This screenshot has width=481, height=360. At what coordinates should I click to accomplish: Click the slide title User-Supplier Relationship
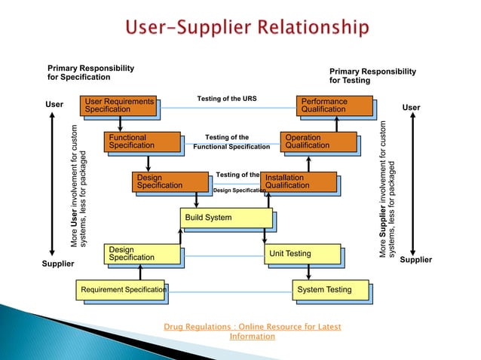(x=247, y=29)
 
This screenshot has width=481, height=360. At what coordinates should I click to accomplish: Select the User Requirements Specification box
(x=119, y=105)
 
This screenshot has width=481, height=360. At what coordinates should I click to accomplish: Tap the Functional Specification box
(x=143, y=142)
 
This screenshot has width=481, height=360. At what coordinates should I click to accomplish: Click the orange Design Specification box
(x=170, y=182)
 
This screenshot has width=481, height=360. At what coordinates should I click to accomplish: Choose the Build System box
(x=225, y=218)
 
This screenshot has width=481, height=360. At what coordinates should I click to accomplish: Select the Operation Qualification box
(x=317, y=142)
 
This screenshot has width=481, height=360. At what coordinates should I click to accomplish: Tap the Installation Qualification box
(x=298, y=182)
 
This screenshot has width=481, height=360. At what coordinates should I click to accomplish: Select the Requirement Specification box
(x=121, y=290)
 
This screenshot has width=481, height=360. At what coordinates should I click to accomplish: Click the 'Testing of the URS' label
(x=227, y=99)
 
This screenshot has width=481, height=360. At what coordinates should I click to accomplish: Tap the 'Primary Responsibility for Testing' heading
(x=372, y=75)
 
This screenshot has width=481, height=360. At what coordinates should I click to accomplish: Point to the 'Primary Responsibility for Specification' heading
(x=91, y=72)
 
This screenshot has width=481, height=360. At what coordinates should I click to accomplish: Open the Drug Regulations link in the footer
(x=252, y=331)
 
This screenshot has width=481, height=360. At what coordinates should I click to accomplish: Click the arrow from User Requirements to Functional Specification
(x=121, y=124)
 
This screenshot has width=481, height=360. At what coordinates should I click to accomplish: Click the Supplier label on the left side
(x=58, y=264)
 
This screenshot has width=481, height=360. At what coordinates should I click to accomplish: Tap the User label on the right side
(x=411, y=108)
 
